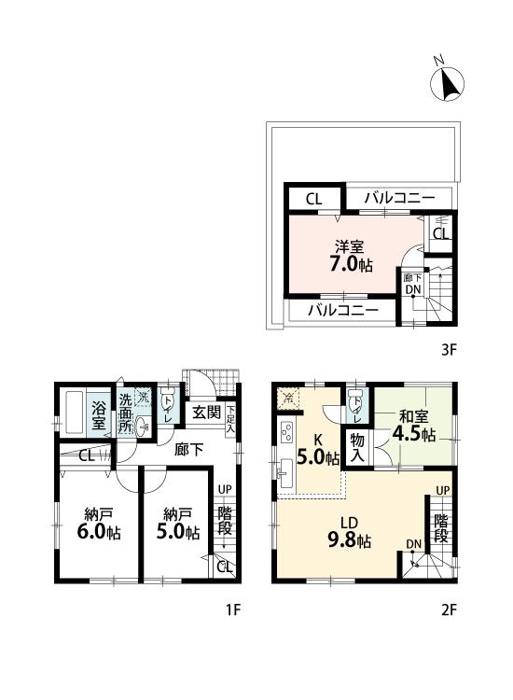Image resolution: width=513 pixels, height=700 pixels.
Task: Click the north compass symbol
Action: coord(448,85)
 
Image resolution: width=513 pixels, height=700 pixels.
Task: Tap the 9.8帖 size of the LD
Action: coord(351,540)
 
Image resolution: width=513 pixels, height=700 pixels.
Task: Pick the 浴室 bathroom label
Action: coord(98,414)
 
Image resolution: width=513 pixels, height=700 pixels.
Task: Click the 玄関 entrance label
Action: coord(205,412)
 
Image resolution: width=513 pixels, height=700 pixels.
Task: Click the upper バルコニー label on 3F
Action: coord(399,198)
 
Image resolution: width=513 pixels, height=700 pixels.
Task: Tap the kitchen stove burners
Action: coord(286,433)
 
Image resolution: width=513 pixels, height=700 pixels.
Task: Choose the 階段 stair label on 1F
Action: coord(225,521)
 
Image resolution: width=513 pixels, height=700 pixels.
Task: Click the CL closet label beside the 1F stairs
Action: coord(223,567)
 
